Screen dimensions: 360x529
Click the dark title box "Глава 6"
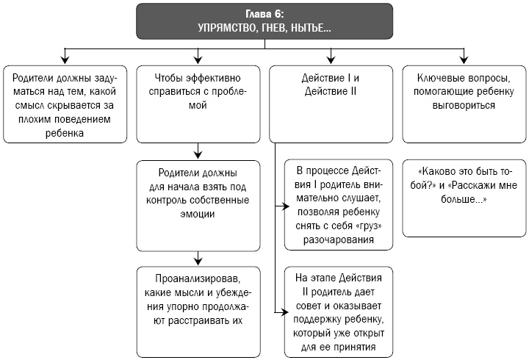click(264, 21)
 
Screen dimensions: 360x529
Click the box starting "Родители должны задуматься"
click(65, 104)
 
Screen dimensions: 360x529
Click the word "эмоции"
click(198, 214)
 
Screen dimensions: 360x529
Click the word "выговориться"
click(464, 105)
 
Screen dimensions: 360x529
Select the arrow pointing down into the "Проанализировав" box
click(198, 260)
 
